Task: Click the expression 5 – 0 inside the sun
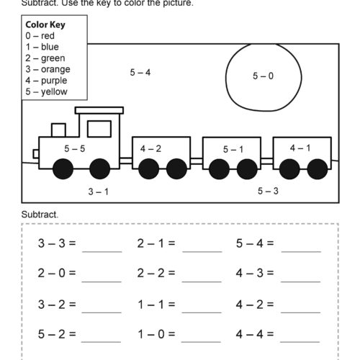[x=263, y=76]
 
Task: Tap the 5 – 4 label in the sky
[x=140, y=72]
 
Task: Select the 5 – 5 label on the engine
[x=74, y=148]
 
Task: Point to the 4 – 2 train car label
[x=150, y=148]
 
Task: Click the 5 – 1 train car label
[x=233, y=150]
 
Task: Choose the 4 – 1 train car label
[x=300, y=148]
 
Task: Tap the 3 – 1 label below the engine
[x=98, y=192]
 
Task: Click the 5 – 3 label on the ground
[x=268, y=191]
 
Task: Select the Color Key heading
[x=45, y=23]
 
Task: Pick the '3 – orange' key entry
[x=48, y=69]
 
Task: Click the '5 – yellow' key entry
[x=47, y=92]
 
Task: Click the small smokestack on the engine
[x=58, y=130]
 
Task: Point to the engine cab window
[x=99, y=129]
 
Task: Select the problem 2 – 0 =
[x=57, y=274]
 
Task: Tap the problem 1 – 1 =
[x=156, y=304]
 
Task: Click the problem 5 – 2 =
[x=57, y=334]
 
